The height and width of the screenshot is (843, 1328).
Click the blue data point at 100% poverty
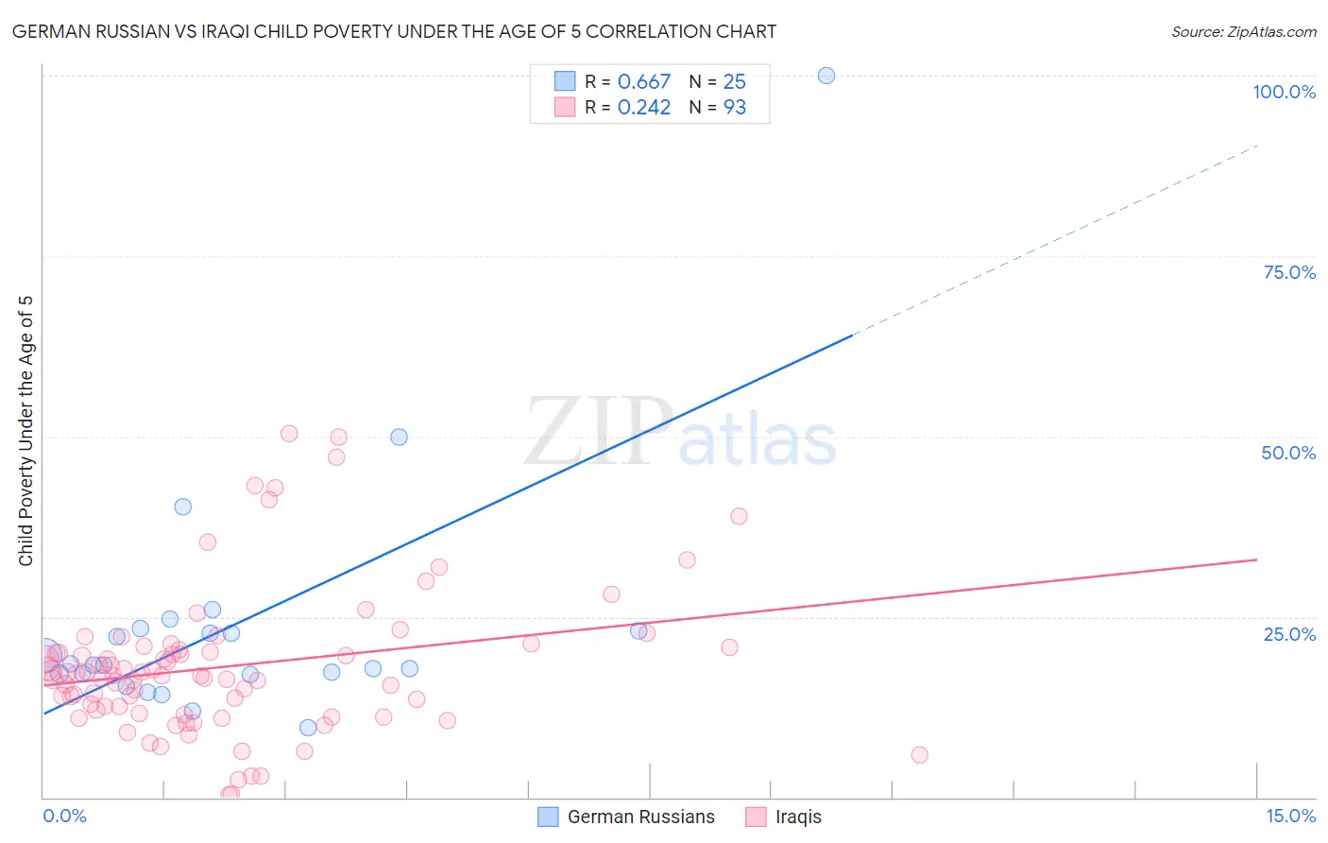[826, 76]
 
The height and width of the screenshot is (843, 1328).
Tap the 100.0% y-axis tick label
[1284, 92]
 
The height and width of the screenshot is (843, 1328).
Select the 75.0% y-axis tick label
[1289, 272]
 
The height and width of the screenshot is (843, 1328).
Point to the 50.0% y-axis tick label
[1288, 453]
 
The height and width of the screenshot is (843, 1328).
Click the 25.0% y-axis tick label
[1289, 633]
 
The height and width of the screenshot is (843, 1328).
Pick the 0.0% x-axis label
[64, 816]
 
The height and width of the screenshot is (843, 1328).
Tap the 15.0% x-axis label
[1290, 816]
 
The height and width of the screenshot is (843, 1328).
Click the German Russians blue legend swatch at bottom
[548, 817]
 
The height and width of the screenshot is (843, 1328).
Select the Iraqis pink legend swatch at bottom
[756, 817]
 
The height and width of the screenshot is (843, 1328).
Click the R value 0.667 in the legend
[644, 82]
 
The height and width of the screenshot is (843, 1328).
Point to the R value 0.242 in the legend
[644, 108]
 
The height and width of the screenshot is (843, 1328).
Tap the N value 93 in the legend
[735, 108]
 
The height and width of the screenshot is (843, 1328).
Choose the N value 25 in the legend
[735, 82]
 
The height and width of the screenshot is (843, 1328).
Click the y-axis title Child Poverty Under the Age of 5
[26, 431]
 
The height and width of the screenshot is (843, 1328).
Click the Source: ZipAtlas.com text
[1243, 32]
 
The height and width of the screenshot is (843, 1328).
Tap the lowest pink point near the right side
[919, 754]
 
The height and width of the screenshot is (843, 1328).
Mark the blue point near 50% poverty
[400, 437]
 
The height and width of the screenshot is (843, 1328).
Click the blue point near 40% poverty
[183, 507]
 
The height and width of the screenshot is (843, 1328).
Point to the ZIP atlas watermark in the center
[680, 433]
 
